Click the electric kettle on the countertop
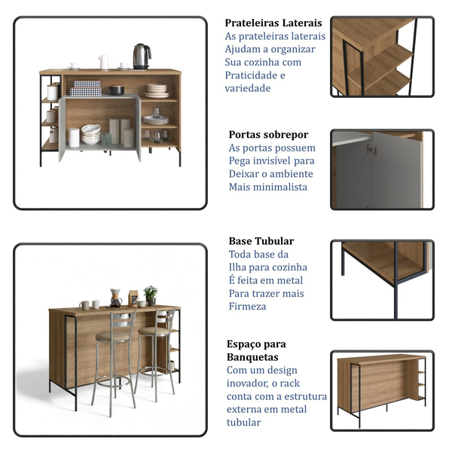[142, 56]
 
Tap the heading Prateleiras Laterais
[273, 23]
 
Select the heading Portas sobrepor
[268, 135]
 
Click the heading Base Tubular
[261, 241]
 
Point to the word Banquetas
[252, 357]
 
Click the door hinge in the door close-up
[371, 150]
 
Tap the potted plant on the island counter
[151, 295]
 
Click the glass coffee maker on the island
[115, 298]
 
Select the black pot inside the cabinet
[117, 90]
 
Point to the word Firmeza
[247, 307]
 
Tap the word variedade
[248, 88]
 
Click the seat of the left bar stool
[112, 336]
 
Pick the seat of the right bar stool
[154, 331]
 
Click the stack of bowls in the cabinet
[91, 134]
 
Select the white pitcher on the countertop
[104, 62]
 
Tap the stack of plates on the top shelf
[157, 91]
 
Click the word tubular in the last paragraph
[243, 423]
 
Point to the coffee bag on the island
[133, 298]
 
